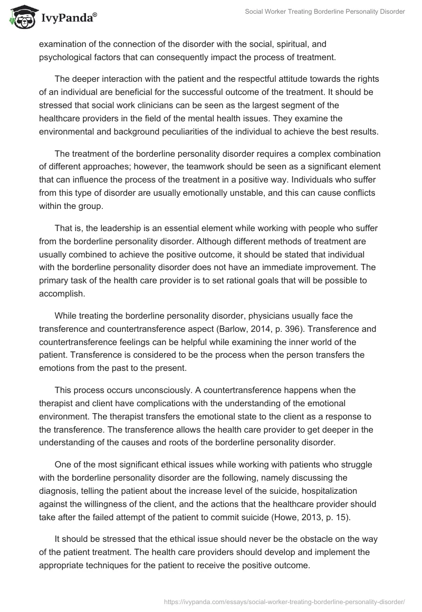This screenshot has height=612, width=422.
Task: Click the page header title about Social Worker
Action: click(x=325, y=12)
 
